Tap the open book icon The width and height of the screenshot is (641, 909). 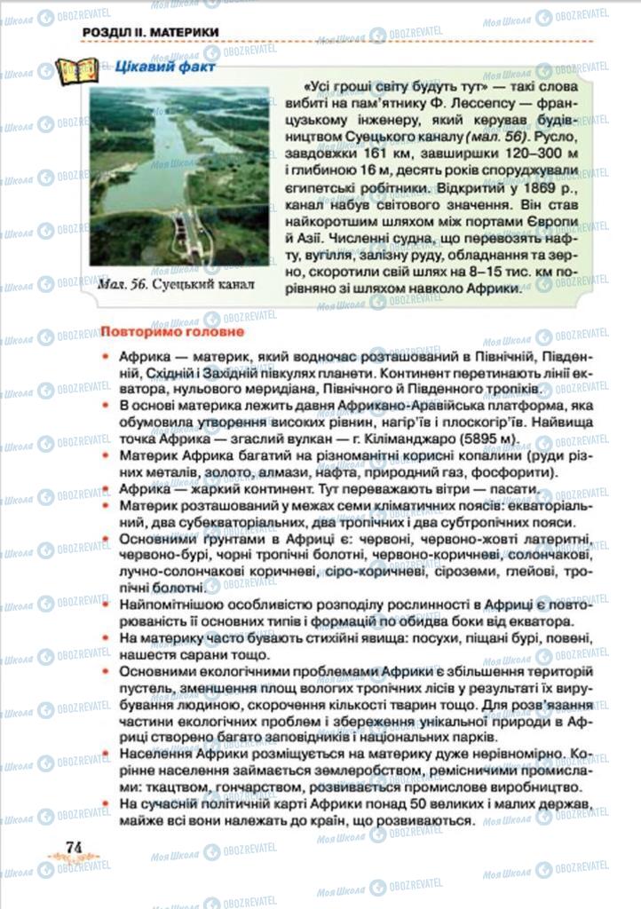coord(77,71)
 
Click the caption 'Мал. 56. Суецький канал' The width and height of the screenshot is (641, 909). coord(178,285)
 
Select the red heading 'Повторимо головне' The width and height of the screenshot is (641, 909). coord(170,333)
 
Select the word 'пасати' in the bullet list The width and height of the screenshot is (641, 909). coord(510,489)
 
